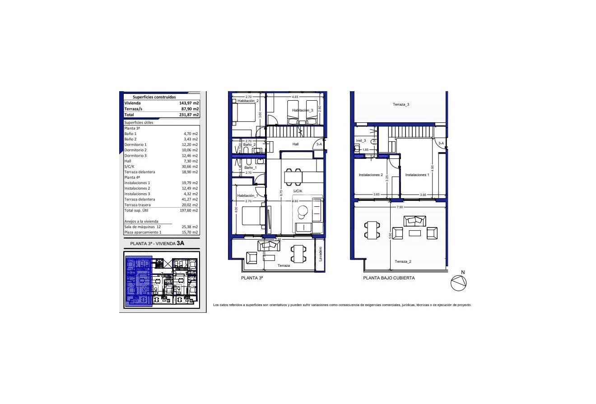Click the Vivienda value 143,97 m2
pos(189,103)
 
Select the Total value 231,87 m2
pos(189,115)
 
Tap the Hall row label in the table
pos(128,161)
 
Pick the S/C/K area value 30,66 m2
pos(190,167)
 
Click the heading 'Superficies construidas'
pos(154,97)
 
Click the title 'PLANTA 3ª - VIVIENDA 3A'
pos(158,243)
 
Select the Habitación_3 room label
pos(303,110)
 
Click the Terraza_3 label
pos(401,104)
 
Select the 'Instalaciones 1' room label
pos(417,175)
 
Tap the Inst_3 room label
pos(361,141)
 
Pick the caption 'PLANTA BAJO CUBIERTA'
pos(389,278)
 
